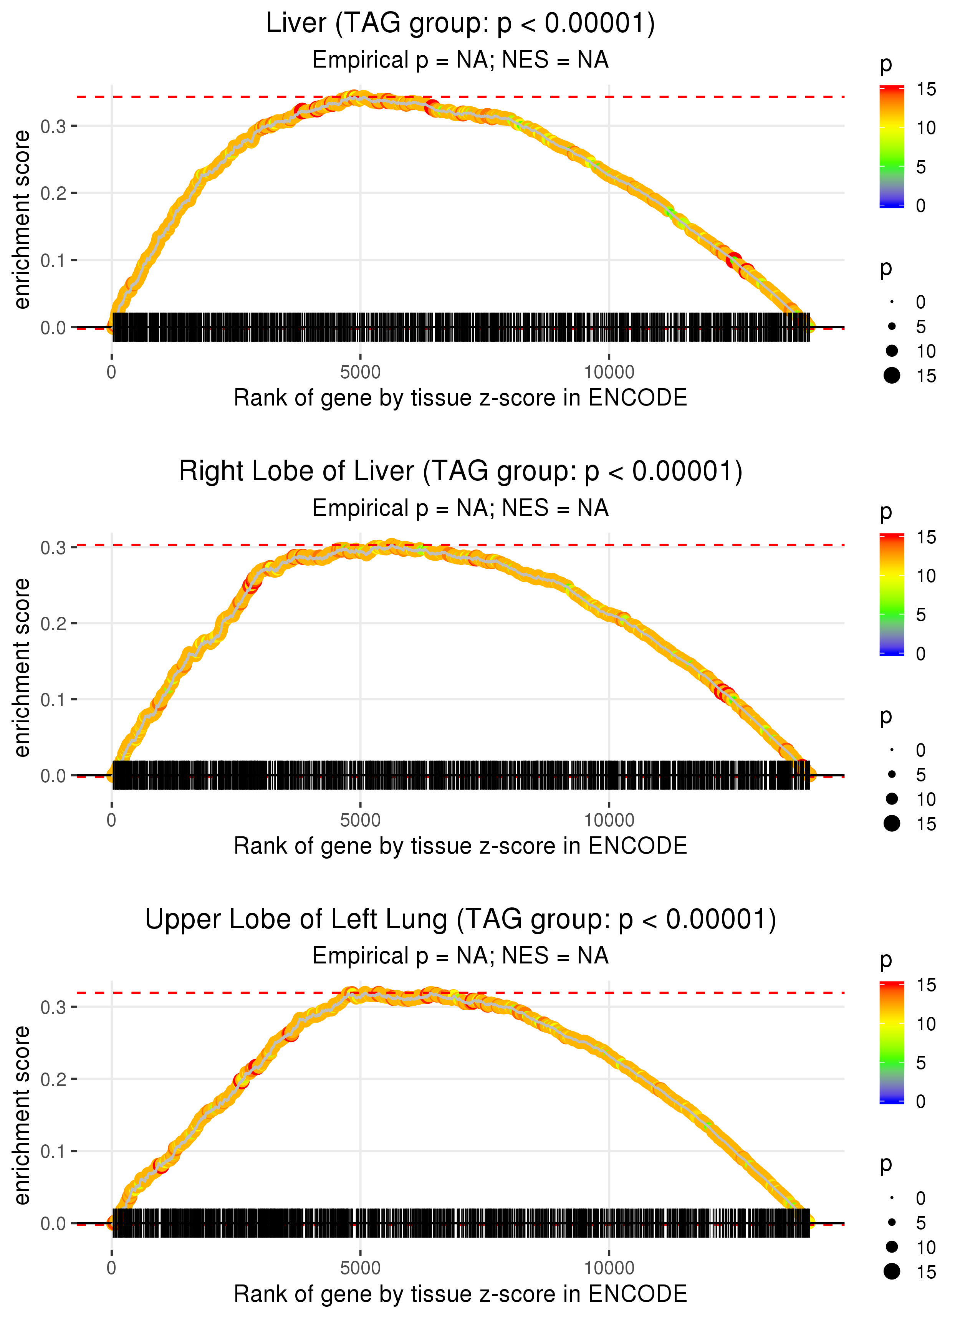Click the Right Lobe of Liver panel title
(460, 472)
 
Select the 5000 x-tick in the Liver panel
(360, 372)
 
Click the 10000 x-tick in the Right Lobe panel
(609, 820)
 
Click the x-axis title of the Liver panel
(460, 398)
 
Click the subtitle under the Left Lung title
(460, 956)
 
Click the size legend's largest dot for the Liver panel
(892, 375)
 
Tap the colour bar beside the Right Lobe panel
(892, 594)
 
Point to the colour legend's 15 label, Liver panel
(926, 89)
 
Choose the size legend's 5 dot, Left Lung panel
(892, 1222)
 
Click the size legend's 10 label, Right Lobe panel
(926, 799)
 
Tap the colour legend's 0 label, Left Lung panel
(920, 1102)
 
